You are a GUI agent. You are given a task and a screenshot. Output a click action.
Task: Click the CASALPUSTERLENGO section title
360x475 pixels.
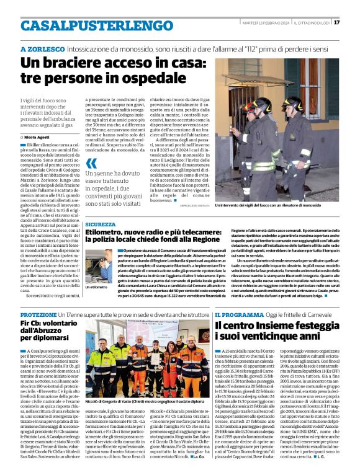click(88, 25)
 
